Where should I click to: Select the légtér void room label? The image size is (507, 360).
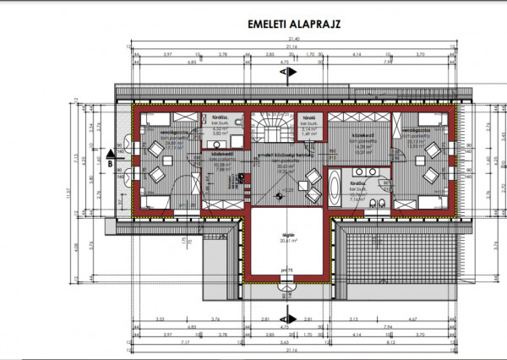(x=286, y=237)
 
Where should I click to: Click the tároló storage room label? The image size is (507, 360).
(x=309, y=118)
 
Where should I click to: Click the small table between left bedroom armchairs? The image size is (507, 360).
(x=155, y=160)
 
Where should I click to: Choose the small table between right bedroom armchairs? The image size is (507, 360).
(x=432, y=161)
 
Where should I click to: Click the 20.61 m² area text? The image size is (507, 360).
(x=286, y=243)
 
